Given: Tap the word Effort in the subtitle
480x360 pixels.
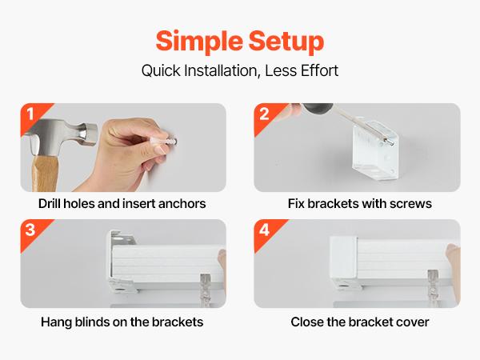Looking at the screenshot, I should coord(317,70).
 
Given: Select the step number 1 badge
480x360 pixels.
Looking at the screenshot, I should coord(30,114).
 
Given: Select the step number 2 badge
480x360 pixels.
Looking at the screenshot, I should coord(265,114).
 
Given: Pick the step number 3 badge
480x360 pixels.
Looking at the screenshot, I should coord(30,230).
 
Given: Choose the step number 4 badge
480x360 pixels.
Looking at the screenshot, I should coord(265,230).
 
